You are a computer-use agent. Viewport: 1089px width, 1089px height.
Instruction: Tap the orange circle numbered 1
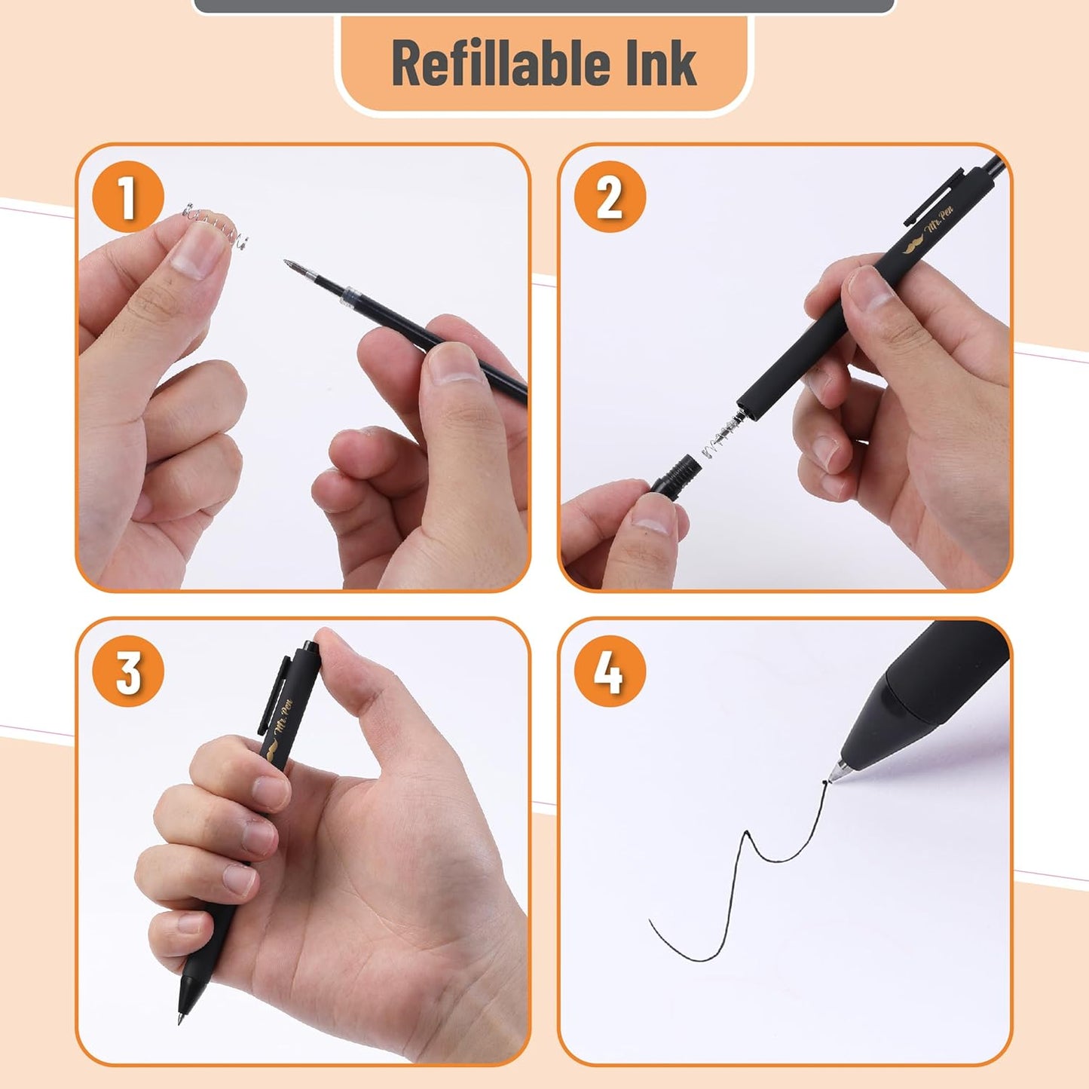(x=128, y=197)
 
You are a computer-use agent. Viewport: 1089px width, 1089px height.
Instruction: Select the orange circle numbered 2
(x=610, y=197)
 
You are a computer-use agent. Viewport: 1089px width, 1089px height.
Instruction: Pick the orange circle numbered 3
(x=128, y=671)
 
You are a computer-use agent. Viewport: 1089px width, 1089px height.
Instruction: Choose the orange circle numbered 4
(x=610, y=671)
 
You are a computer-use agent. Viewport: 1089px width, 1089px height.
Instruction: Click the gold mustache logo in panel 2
(x=914, y=245)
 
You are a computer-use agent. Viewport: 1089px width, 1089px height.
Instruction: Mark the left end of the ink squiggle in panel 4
(x=650, y=921)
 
